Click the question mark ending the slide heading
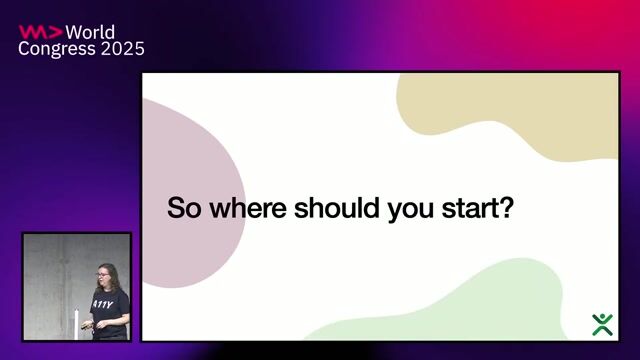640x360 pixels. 507,210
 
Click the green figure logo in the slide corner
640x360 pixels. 601,322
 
